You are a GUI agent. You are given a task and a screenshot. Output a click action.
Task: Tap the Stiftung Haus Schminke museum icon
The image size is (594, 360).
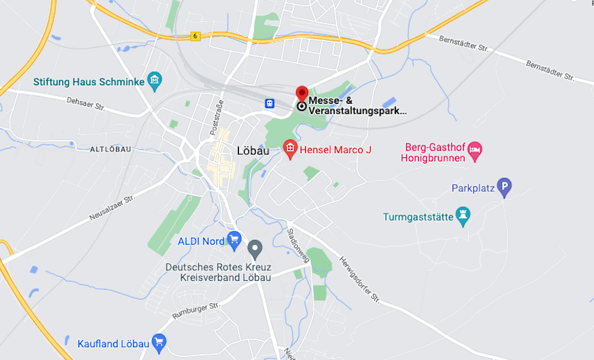[x=154, y=80]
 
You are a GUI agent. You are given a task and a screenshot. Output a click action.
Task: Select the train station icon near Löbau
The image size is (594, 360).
[x=270, y=103]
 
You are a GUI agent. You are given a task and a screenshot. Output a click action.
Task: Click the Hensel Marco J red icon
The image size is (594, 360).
[x=290, y=149]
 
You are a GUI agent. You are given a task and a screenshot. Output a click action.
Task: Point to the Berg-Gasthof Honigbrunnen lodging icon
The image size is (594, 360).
[x=475, y=149]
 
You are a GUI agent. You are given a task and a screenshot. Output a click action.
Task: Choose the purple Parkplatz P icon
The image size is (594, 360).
[x=504, y=188]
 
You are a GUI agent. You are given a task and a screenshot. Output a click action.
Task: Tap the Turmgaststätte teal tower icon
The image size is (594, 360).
[x=464, y=216]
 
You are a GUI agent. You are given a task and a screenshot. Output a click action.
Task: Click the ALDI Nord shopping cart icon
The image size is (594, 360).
[x=233, y=240]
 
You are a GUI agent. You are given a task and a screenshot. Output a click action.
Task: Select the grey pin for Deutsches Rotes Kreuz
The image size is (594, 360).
[x=255, y=249]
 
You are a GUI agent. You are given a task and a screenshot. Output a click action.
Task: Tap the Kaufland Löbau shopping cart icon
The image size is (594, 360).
[x=159, y=344]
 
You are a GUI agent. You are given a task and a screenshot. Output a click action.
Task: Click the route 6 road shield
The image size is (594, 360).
[x=195, y=35]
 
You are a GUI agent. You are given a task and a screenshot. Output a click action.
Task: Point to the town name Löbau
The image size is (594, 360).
[x=253, y=150]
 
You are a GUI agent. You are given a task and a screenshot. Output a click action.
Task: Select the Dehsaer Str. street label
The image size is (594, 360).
[x=85, y=106]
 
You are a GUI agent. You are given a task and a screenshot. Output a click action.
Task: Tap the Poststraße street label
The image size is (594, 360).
[x=218, y=119]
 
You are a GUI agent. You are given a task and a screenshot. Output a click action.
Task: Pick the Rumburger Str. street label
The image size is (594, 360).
[x=196, y=309]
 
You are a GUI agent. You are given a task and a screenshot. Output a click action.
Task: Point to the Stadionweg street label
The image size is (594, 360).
[x=298, y=245]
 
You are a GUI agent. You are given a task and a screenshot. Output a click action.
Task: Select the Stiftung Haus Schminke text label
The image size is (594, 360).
[x=88, y=82]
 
